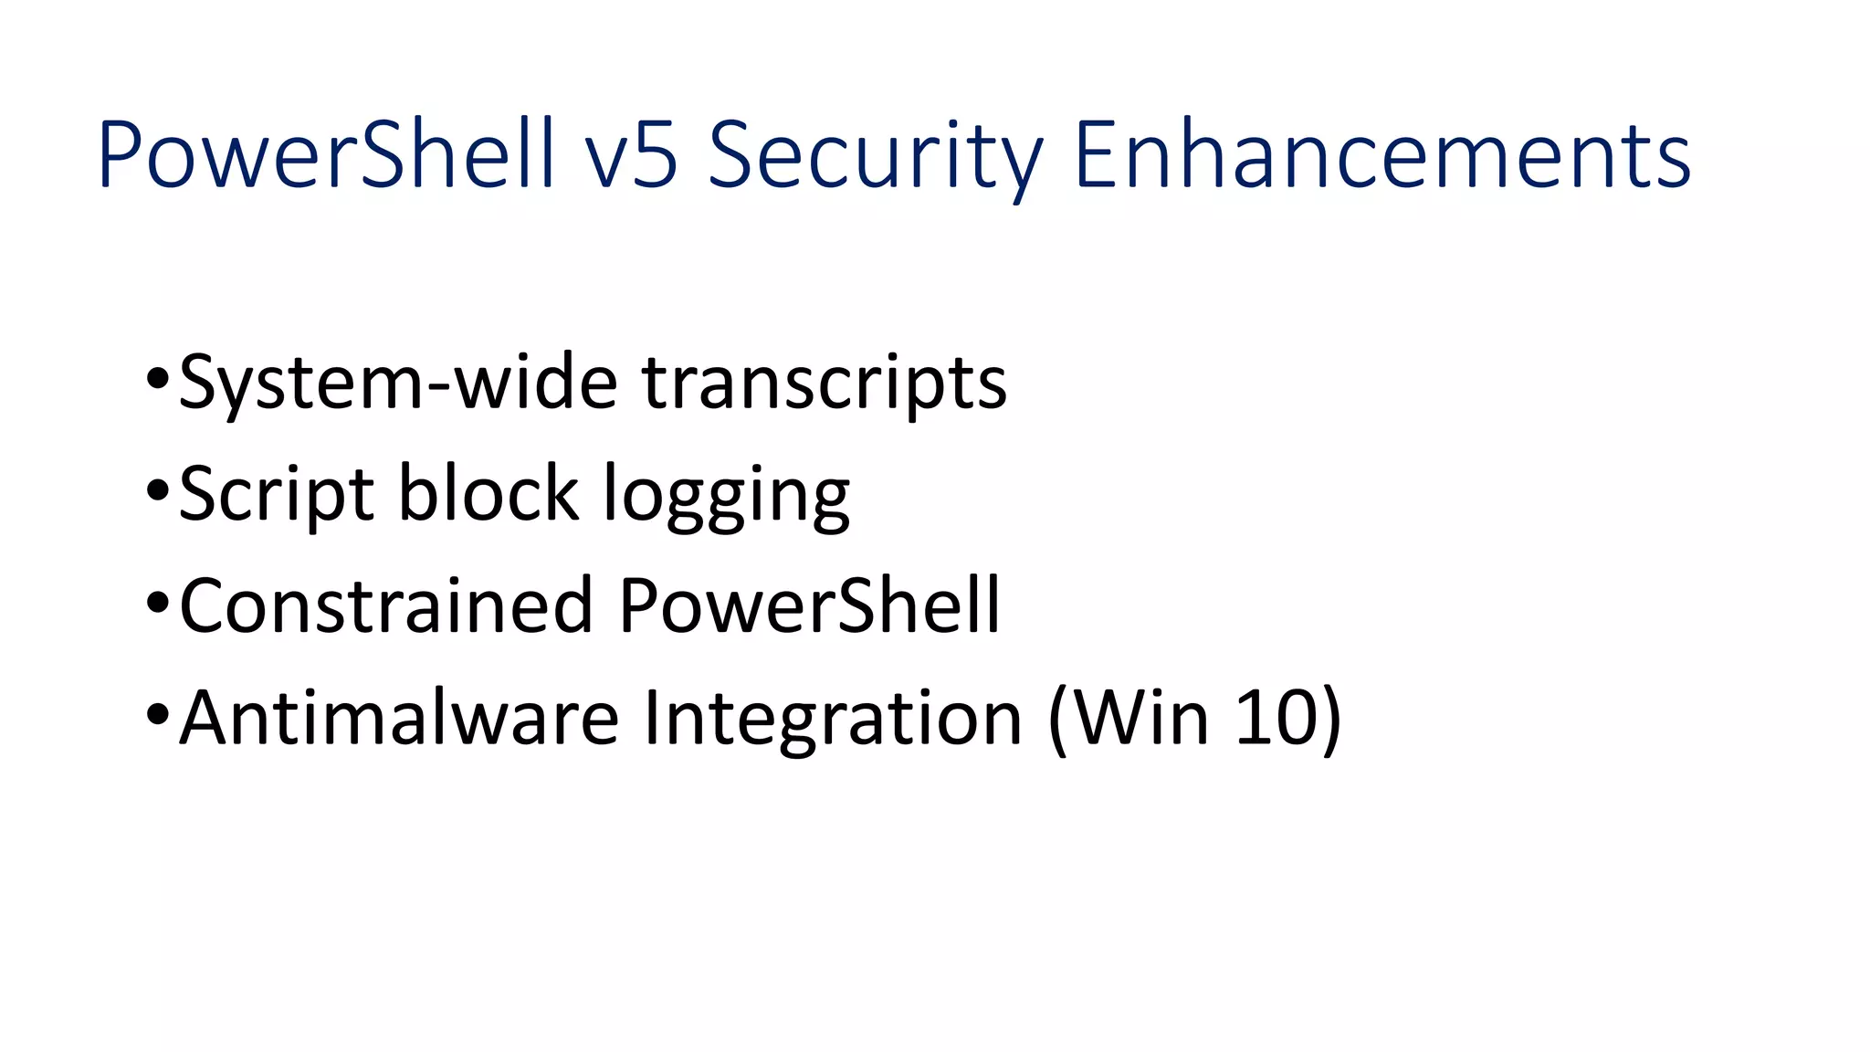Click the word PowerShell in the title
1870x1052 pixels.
click(x=326, y=154)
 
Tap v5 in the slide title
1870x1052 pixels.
click(x=631, y=156)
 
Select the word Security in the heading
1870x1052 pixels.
click(x=875, y=156)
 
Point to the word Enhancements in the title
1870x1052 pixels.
click(x=1382, y=154)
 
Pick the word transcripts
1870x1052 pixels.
click(x=824, y=383)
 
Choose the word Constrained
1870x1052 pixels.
click(x=386, y=605)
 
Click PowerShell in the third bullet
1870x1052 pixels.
click(x=809, y=605)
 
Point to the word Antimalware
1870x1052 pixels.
click(x=399, y=718)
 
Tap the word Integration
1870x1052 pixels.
click(x=832, y=720)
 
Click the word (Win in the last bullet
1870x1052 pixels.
click(x=1129, y=718)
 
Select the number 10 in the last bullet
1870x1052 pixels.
click(x=1275, y=718)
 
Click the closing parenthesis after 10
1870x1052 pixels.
click(x=1331, y=720)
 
